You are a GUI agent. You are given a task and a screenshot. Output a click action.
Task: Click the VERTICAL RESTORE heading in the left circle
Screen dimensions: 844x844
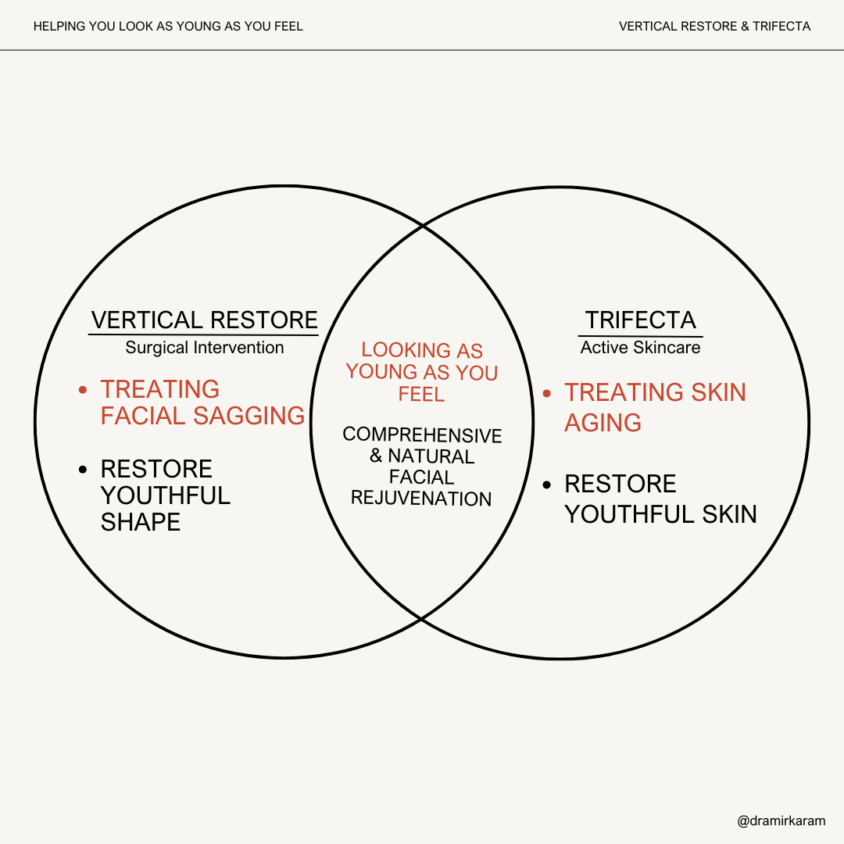(205, 320)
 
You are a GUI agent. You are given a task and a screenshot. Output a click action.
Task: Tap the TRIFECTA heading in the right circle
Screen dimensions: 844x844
(640, 320)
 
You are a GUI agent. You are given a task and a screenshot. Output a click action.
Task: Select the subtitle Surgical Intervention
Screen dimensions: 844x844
(205, 348)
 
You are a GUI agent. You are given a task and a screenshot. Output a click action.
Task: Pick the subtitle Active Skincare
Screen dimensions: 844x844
(640, 348)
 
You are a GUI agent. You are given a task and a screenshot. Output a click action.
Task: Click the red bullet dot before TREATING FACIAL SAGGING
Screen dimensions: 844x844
(83, 389)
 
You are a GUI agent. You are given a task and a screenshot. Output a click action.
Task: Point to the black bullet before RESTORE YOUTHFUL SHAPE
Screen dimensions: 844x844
(83, 469)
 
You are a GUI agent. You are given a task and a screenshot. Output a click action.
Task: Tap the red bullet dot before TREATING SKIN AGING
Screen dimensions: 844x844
(547, 392)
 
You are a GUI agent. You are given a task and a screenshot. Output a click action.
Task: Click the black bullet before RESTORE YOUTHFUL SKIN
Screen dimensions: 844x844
(547, 484)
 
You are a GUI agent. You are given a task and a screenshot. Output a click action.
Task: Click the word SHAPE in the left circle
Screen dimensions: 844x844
(141, 522)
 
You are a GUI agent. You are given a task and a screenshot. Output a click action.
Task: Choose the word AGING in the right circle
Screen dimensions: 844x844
(603, 423)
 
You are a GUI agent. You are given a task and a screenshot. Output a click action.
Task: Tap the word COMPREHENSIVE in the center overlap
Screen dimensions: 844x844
(422, 435)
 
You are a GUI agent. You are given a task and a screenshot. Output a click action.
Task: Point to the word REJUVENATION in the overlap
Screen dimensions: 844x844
(421, 499)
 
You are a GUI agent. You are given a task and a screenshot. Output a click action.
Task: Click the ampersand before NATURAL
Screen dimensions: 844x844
(377, 456)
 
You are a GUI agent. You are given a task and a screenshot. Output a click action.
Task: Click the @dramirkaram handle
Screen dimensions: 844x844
(781, 821)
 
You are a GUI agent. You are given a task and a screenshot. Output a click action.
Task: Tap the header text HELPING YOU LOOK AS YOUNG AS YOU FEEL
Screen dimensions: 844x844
(168, 27)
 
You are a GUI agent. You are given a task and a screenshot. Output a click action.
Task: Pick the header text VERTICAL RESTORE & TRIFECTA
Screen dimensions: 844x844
(714, 27)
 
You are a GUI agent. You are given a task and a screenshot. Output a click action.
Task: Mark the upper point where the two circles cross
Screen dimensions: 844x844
(422, 227)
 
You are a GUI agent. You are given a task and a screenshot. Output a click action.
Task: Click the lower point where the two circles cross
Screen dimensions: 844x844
(422, 619)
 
